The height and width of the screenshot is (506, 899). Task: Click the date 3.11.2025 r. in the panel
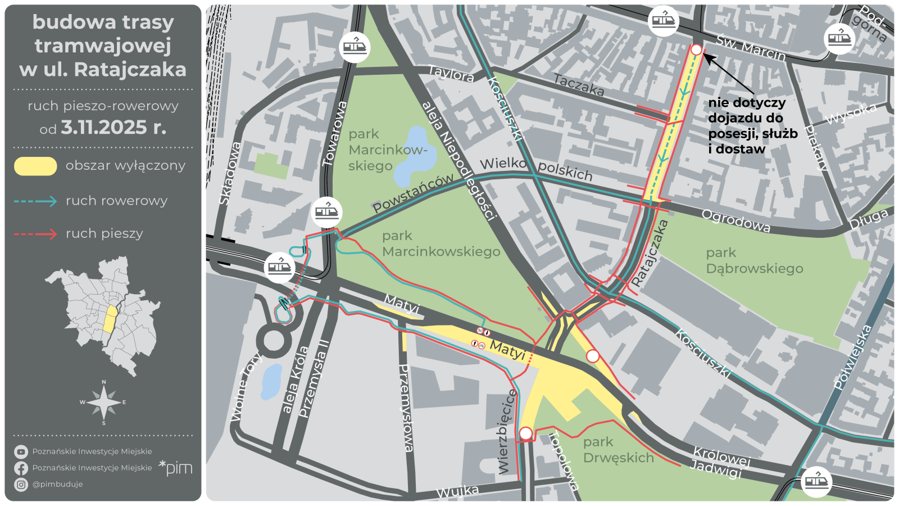coord(113,128)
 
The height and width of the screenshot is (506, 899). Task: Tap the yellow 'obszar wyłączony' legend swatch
coord(35,166)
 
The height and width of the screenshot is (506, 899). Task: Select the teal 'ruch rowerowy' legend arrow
coord(35,201)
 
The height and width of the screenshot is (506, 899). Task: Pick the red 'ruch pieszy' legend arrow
coord(35,234)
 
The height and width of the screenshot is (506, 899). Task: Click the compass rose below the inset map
coord(103,403)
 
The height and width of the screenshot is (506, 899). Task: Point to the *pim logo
coord(175,467)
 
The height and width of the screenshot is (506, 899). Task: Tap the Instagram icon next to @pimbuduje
coord(21,484)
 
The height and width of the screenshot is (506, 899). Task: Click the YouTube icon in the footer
coord(21,451)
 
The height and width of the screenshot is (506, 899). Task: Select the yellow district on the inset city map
coord(110,319)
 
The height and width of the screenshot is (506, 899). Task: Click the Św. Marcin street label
coord(751,48)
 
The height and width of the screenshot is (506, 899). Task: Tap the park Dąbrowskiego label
coord(754,261)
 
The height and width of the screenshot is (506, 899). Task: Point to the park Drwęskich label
coord(618,450)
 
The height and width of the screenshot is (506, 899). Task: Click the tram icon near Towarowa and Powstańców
coord(326,213)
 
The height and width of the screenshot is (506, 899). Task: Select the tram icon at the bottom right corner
coord(816,482)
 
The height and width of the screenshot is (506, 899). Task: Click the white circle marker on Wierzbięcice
coord(526,433)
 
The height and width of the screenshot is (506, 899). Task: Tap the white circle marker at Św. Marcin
coord(696,49)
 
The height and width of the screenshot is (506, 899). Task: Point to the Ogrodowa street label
coord(736,221)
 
